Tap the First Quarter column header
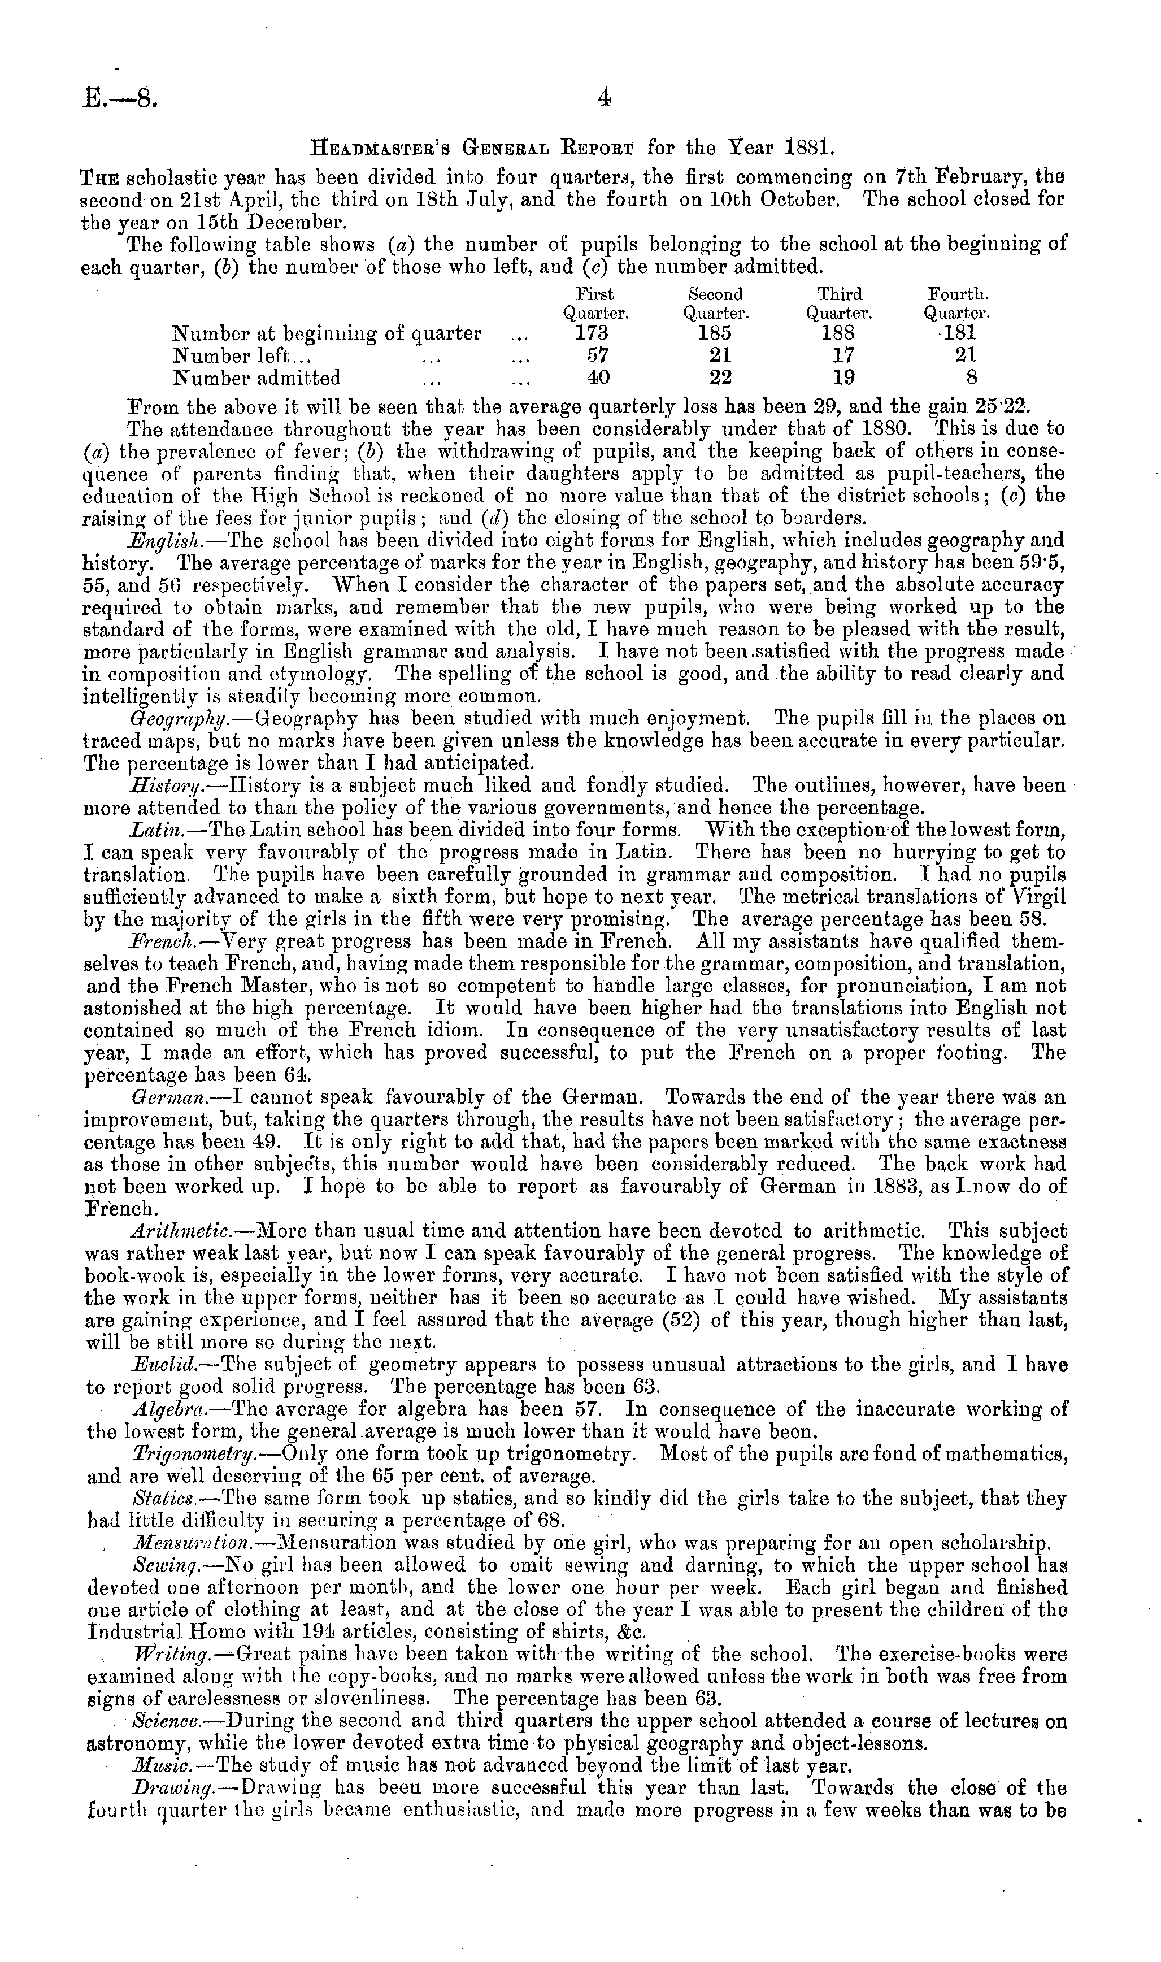(596, 303)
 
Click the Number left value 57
(598, 356)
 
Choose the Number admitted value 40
(598, 379)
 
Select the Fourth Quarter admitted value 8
(971, 379)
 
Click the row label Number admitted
(256, 379)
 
